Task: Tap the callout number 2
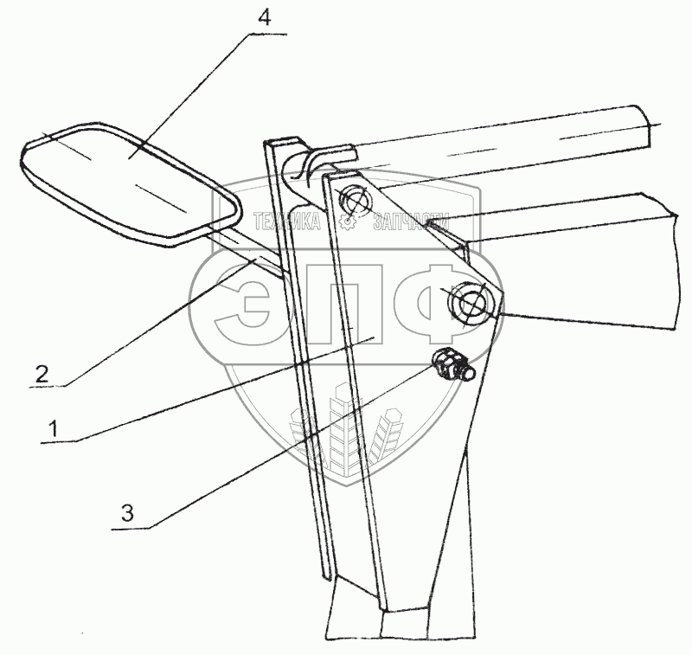(x=42, y=376)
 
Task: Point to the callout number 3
(x=127, y=512)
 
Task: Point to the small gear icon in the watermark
(x=349, y=223)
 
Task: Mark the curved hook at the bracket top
(x=328, y=157)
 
